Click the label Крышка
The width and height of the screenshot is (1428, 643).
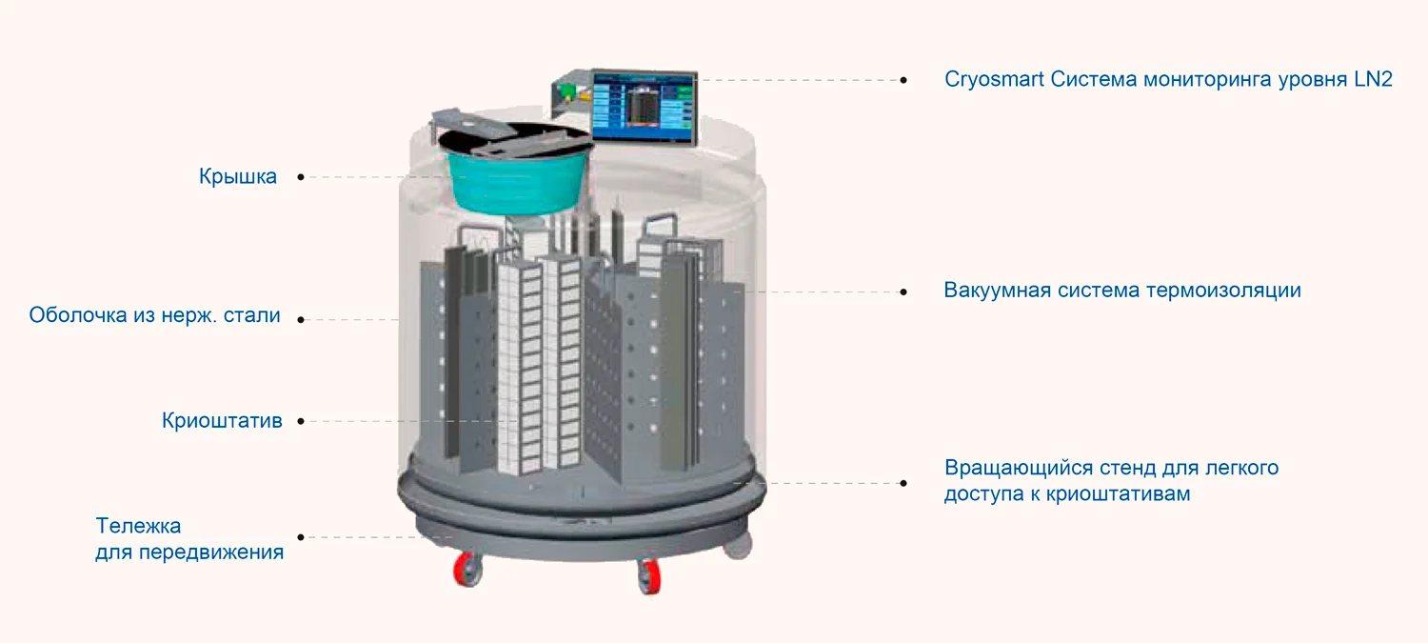click(x=238, y=177)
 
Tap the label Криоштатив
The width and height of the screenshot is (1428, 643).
click(x=222, y=421)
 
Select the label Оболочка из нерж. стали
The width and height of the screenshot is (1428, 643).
click(x=154, y=315)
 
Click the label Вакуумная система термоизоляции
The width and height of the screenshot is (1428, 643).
click(x=1122, y=291)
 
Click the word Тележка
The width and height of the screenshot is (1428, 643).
click(x=138, y=526)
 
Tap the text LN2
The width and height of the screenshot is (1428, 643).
click(x=1372, y=79)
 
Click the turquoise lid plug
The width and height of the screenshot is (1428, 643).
click(x=514, y=181)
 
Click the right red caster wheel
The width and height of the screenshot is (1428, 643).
click(x=649, y=576)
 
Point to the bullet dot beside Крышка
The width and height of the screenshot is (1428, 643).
click(x=301, y=177)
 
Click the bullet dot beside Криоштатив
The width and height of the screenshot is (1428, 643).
click(x=301, y=421)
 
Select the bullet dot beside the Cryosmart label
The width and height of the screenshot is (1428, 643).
click(x=903, y=80)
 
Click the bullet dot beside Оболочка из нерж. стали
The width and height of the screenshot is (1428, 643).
click(x=301, y=320)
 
